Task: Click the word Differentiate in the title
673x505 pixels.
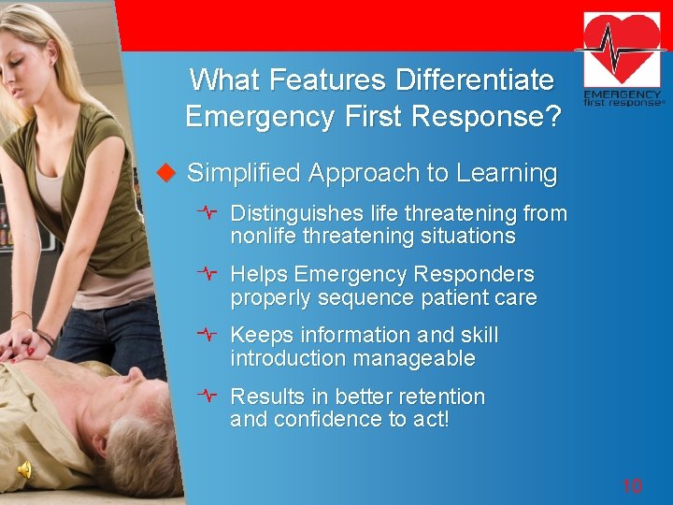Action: [x=475, y=80]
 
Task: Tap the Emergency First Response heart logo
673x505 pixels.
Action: [x=623, y=60]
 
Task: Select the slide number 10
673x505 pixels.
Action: [x=632, y=485]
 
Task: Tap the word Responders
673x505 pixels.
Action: [x=476, y=275]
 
